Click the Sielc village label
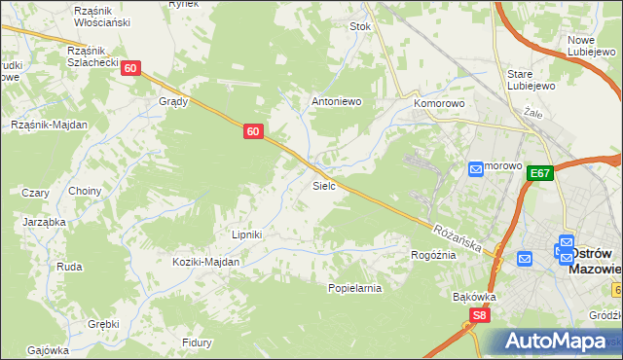324,185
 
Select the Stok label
360,27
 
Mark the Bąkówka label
475,297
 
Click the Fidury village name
197,342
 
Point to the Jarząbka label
44,222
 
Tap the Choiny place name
85,191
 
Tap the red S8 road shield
478,315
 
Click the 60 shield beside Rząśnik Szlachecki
132,68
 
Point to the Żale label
531,112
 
